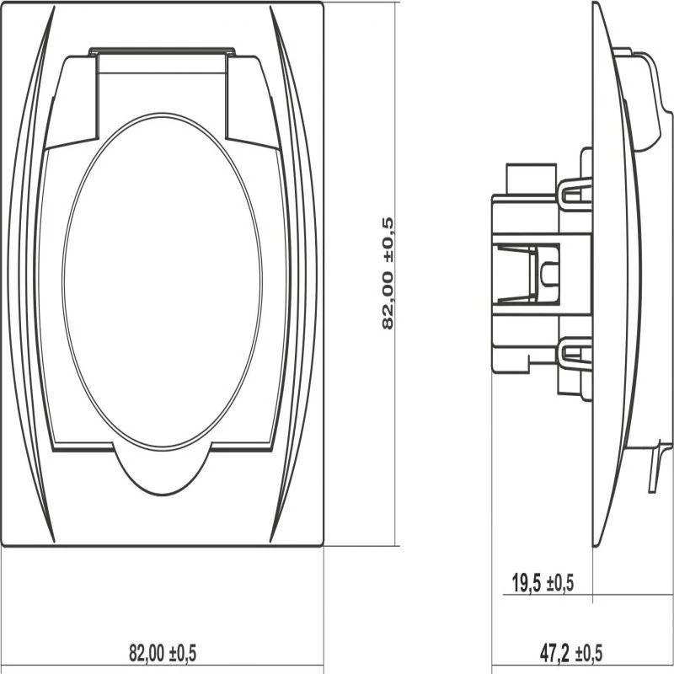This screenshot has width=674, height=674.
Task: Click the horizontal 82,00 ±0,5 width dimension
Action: pos(163,653)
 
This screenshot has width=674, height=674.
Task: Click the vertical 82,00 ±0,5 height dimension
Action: pos(388,273)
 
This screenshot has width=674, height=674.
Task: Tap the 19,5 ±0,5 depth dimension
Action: pos(543,583)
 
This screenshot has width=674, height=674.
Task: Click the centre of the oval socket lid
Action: pos(162,282)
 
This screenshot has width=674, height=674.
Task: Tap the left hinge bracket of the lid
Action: pos(72,103)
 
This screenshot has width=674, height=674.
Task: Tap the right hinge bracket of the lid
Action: pos(254,103)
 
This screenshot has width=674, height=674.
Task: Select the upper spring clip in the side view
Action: pos(575,195)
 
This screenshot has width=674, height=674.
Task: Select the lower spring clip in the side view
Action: pos(575,354)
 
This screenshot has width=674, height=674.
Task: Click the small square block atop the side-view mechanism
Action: pos(532,179)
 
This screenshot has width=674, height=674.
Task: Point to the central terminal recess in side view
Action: pos(526,274)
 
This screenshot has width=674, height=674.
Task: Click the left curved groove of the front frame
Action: pos(30,275)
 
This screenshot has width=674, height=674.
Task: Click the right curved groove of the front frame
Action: pos(295,275)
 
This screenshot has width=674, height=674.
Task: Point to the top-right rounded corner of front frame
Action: pos(319,6)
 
